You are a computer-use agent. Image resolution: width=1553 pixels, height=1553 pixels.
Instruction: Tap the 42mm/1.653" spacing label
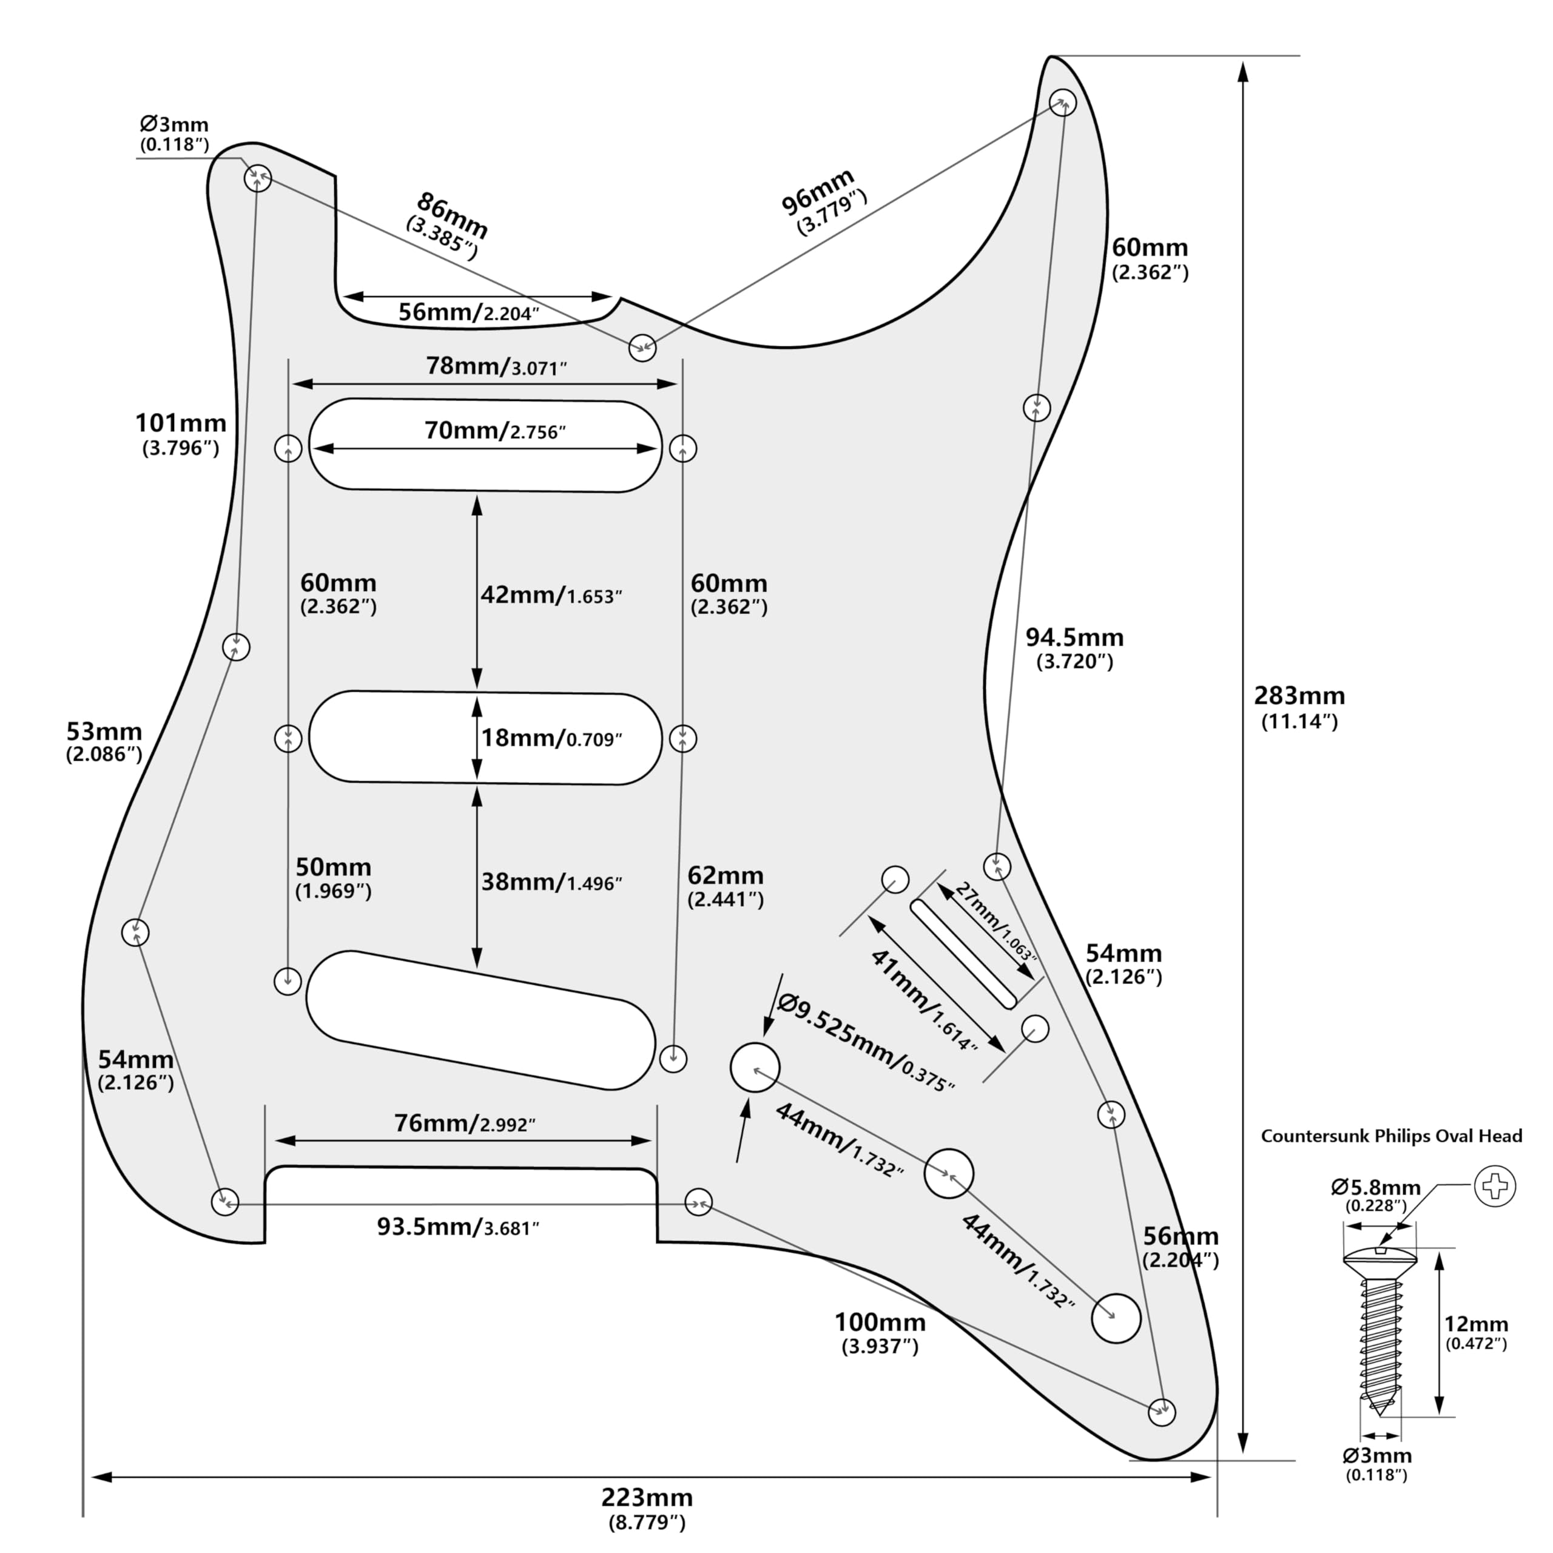[551, 596]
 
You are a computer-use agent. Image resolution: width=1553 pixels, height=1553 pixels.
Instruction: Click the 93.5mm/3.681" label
[457, 1227]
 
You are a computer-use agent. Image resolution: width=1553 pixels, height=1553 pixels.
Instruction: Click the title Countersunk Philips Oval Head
[1390, 1136]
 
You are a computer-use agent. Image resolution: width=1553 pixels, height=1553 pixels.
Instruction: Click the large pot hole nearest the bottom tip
[1116, 1318]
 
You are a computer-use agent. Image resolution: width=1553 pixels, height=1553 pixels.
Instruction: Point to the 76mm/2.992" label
[464, 1123]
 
